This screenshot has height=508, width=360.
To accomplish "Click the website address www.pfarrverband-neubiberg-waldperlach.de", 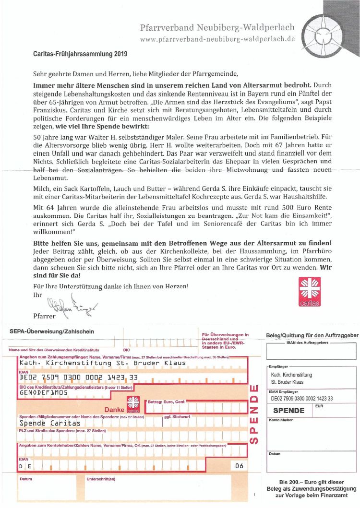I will [217, 39].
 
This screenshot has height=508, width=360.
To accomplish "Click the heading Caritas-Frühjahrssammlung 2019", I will [80, 54].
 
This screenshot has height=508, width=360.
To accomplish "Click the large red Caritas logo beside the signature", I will [310, 291].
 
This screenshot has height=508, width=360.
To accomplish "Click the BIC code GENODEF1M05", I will [44, 392].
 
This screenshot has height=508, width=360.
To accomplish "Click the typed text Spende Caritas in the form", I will [50, 424].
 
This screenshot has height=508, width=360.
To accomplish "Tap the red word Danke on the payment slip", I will [115, 410].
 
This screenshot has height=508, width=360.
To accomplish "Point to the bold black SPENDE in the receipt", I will [289, 411].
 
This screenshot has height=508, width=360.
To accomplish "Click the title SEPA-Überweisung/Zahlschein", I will [52, 331].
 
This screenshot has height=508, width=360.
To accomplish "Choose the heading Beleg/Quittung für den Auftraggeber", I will [312, 335].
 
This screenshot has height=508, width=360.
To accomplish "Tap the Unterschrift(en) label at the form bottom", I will [101, 479].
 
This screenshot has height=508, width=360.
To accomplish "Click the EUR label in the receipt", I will [319, 406].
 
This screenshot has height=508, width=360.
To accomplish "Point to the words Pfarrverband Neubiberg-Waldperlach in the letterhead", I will [217, 27].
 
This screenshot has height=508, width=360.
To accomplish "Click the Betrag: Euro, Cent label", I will [166, 402].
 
